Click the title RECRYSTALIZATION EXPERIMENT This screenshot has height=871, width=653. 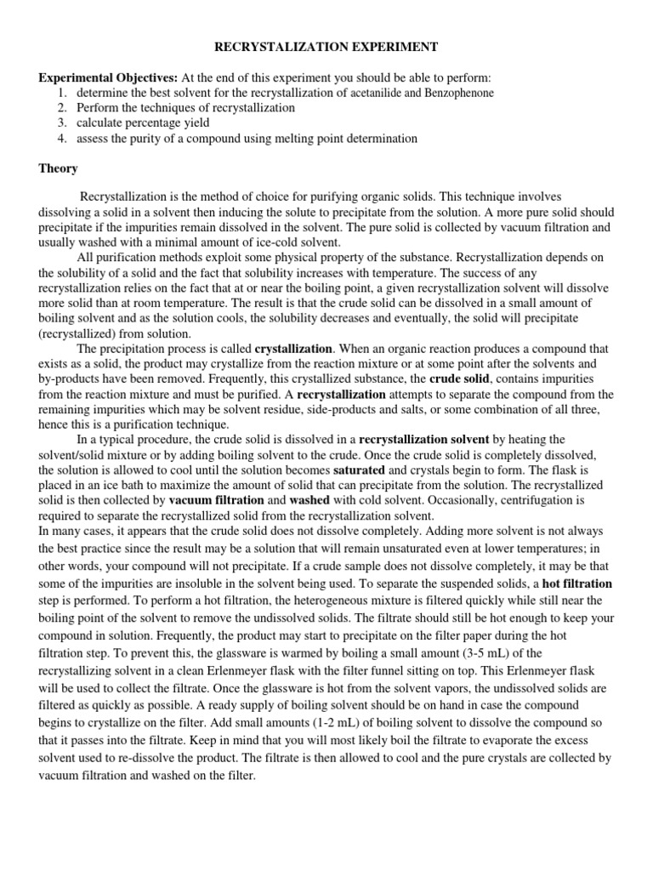click(326, 48)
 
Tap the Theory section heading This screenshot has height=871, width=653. click(58, 168)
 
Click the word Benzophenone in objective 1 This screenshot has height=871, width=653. click(460, 93)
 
